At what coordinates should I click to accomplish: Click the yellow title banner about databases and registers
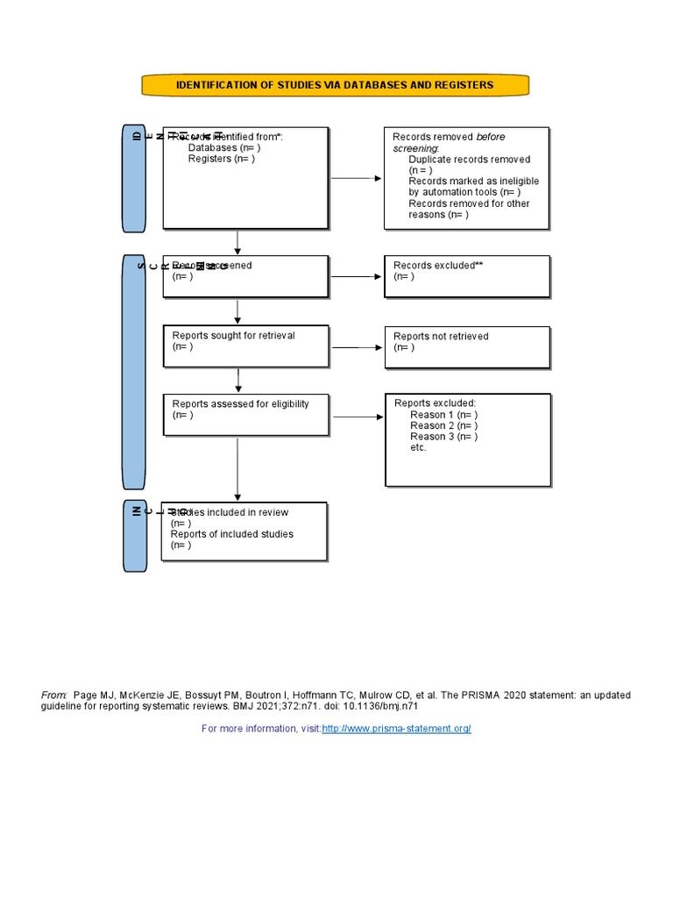coord(336,85)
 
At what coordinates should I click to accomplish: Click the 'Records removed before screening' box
coord(466,178)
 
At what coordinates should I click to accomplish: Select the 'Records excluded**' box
coord(467,276)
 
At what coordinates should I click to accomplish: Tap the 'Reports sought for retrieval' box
coord(246,346)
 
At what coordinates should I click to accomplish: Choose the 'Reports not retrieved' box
coord(467,347)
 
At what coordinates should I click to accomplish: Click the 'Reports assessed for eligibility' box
coord(246,414)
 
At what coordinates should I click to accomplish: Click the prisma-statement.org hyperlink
coord(396,729)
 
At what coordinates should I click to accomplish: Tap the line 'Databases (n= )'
coord(223,148)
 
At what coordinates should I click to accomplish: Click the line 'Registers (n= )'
coord(221,159)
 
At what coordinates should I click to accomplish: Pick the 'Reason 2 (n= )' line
coord(443,425)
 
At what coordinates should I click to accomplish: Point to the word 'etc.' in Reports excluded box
coord(418,447)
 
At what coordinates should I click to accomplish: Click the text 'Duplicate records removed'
coord(469,160)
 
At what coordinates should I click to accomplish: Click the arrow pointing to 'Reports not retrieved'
coord(358,347)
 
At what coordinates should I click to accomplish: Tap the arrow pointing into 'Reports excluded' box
coord(358,416)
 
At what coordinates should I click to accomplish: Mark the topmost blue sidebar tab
coord(134,179)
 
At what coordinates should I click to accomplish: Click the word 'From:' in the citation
coord(53,695)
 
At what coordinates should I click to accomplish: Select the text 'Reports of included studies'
coord(231,534)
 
